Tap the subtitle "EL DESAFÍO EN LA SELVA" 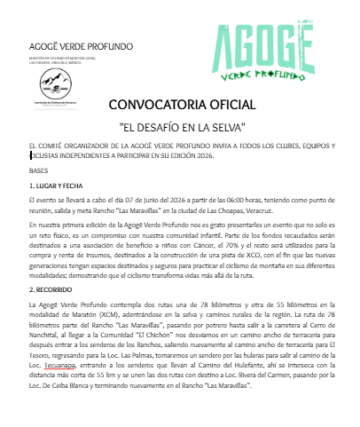[x=180, y=126]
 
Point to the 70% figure [x=232, y=244]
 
